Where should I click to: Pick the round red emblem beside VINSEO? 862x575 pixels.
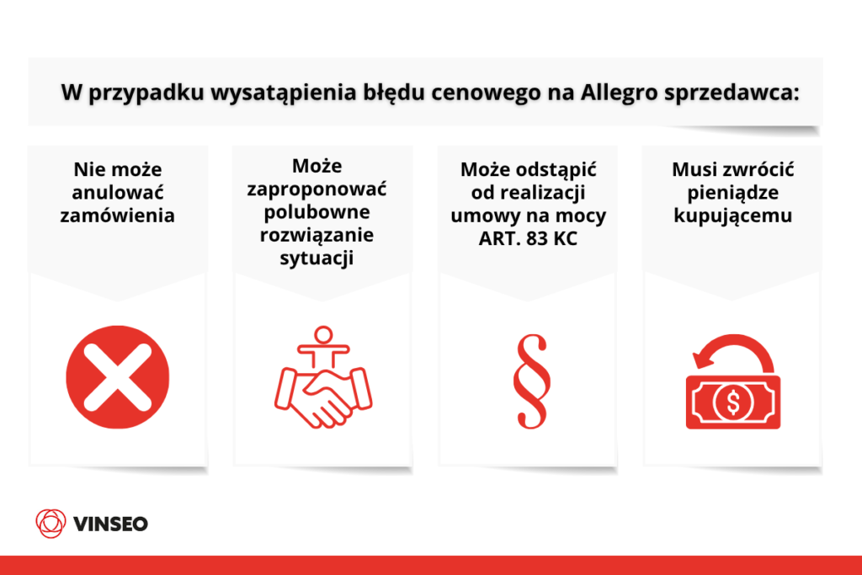click(51, 524)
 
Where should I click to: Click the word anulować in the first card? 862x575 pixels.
click(117, 193)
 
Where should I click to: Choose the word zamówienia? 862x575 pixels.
click(117, 216)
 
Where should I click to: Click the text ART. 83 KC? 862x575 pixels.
click(529, 238)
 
